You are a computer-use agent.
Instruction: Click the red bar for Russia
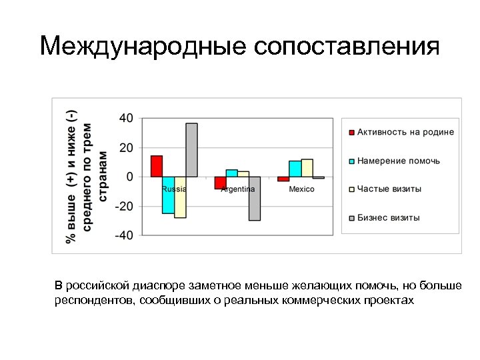[157, 166]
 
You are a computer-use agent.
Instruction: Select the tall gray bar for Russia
[191, 150]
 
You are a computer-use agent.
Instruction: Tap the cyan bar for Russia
[168, 195]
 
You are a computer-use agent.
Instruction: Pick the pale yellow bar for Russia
[180, 197]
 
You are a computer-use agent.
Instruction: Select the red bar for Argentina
[220, 183]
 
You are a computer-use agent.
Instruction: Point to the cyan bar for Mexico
[295, 169]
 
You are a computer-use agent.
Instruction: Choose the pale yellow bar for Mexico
[307, 168]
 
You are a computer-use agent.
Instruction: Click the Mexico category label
[301, 189]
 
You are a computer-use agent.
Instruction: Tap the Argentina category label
[238, 189]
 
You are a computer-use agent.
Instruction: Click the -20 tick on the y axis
[124, 206]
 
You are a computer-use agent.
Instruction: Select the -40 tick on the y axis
[124, 235]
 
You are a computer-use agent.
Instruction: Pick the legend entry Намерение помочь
[398, 161]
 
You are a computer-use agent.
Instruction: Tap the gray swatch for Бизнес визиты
[351, 218]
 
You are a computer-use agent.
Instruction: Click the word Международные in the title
[142, 47]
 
